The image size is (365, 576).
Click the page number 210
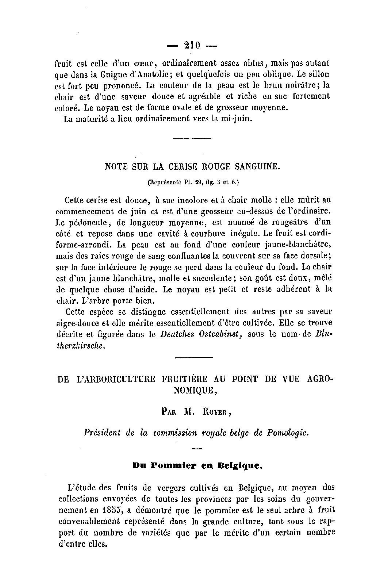(x=192, y=46)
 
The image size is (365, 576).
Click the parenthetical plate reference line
(x=193, y=181)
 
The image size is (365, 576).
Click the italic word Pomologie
(x=288, y=433)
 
